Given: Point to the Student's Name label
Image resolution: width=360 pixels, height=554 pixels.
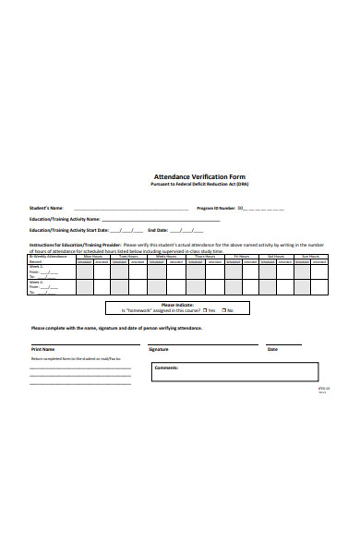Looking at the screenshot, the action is click(46, 208).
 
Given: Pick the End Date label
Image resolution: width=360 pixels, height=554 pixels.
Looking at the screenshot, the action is click(158, 230).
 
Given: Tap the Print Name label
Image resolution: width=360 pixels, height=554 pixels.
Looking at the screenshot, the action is click(43, 350).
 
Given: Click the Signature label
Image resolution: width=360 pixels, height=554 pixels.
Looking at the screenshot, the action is click(159, 350).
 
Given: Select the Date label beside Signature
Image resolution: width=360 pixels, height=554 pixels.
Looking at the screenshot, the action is click(272, 350).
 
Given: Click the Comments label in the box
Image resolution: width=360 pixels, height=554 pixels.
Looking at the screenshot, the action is click(166, 367).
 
